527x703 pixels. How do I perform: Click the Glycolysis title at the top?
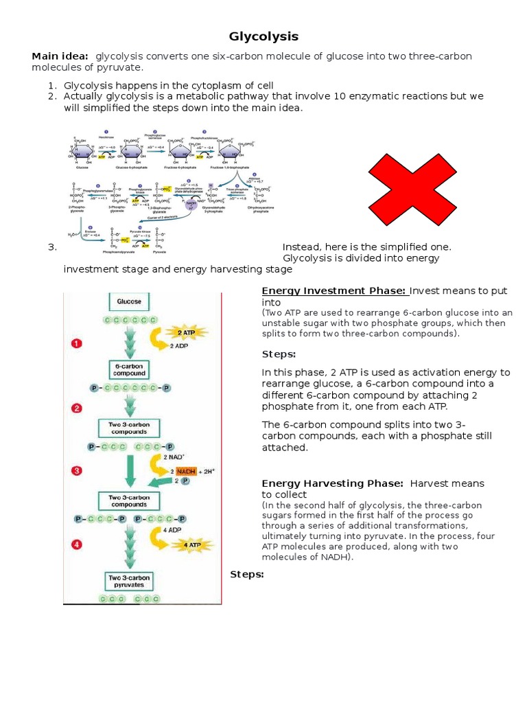point(263,36)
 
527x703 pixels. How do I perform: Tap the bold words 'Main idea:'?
point(60,56)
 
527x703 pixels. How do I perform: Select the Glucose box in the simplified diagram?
point(129,301)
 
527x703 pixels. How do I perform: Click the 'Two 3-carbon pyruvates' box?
point(129,581)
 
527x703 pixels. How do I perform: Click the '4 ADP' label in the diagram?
point(172,529)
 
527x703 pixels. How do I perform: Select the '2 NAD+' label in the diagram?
point(174,457)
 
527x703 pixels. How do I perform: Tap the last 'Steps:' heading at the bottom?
point(247,574)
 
